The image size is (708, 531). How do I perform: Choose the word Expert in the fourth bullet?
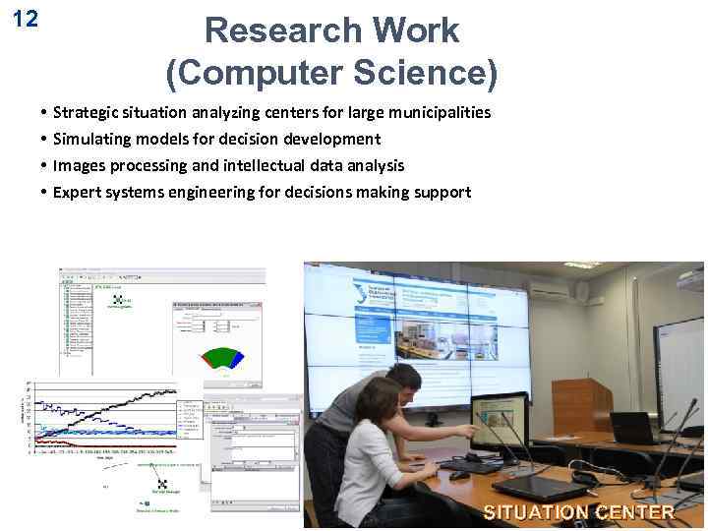point(76,192)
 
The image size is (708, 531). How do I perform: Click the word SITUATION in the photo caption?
point(535,512)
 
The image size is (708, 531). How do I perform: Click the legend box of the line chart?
point(189,419)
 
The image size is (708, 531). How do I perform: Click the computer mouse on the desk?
point(458,475)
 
